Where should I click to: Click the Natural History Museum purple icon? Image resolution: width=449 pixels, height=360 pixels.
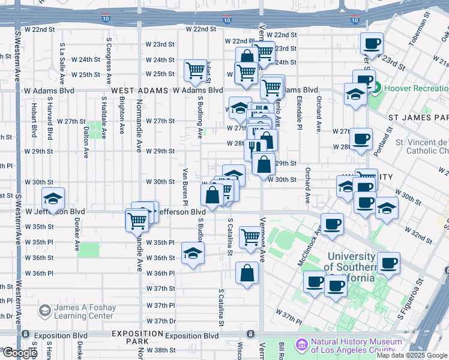pos(301,345)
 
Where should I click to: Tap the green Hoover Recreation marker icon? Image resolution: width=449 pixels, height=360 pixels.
pos(376,88)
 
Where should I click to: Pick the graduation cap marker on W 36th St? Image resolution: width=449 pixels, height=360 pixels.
pos(192,255)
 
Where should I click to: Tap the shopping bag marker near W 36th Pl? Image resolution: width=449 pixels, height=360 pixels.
pos(247,274)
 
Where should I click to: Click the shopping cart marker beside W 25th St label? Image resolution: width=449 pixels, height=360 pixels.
pos(195,71)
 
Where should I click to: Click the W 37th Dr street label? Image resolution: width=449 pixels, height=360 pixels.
pos(160,321)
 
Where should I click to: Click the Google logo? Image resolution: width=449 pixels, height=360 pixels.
pos(20,353)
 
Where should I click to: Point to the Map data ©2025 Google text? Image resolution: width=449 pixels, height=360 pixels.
pos(412,355)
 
